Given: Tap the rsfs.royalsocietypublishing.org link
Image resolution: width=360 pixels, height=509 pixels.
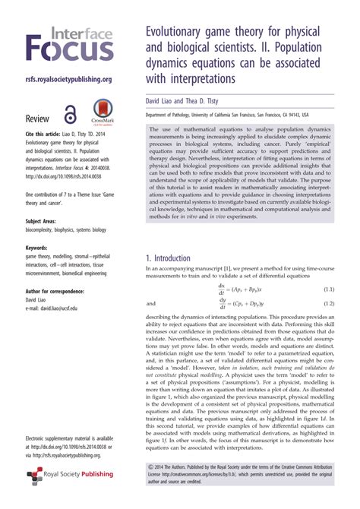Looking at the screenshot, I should click(x=69, y=79).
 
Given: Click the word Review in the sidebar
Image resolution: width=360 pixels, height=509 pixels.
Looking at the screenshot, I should click(x=38, y=119).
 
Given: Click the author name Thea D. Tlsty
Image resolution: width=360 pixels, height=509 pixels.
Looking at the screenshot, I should click(x=207, y=100).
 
